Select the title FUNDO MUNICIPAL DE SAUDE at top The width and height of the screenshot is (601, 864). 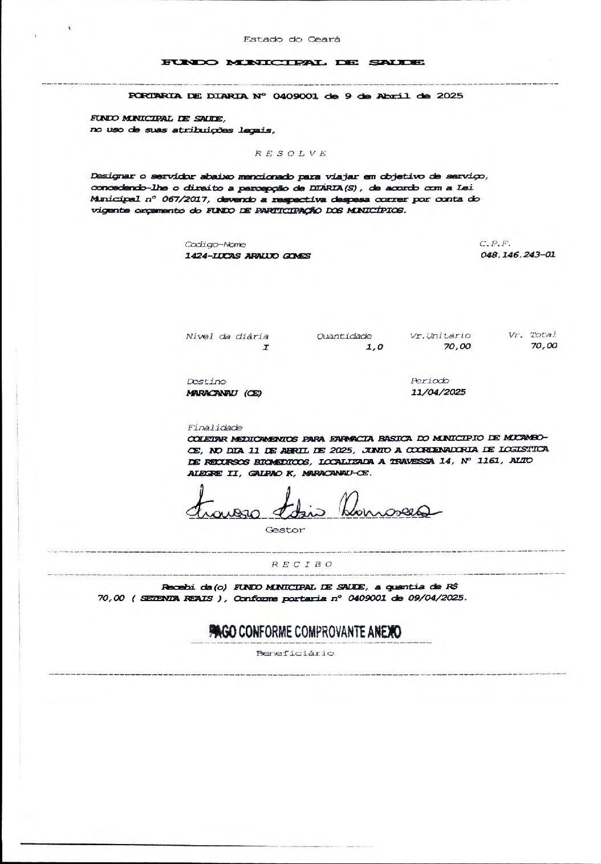click(293, 62)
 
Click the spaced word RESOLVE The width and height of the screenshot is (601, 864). click(290, 153)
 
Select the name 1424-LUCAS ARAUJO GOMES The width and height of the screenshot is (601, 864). click(247, 256)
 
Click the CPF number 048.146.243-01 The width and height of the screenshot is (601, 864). click(518, 255)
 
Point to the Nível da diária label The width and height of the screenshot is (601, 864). click(227, 336)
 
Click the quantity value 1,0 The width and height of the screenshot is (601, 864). click(375, 347)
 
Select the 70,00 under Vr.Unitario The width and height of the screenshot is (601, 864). click(457, 346)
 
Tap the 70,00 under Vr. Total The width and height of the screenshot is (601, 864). click(543, 346)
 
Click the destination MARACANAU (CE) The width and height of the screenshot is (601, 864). click(224, 393)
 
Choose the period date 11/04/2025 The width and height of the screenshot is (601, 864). click(438, 392)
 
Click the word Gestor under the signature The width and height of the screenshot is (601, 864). click(285, 530)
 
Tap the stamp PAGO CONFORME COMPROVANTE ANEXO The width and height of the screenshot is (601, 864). click(305, 632)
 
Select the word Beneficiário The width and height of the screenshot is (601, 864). click(295, 654)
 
